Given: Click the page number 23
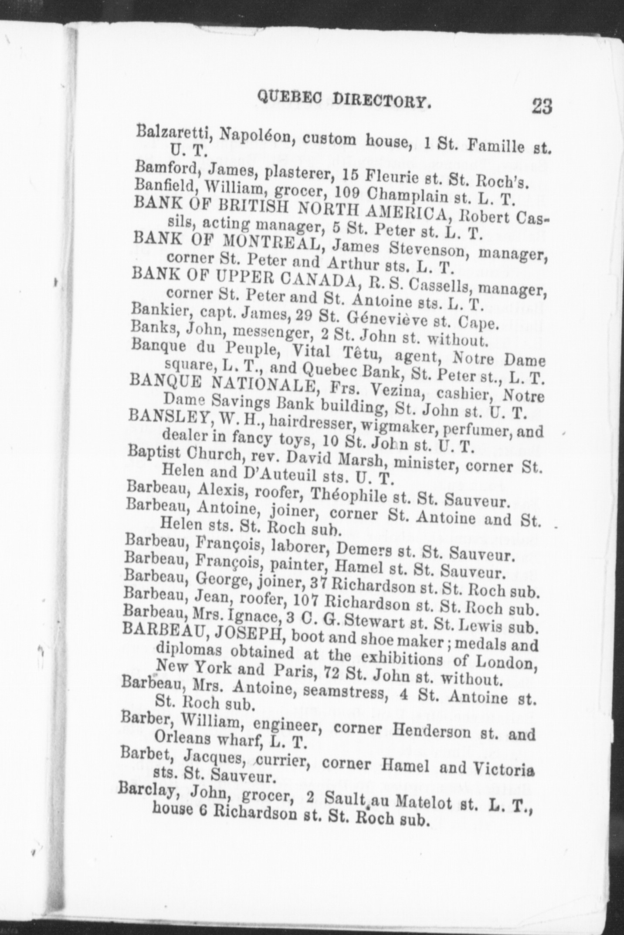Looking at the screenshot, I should click(x=542, y=106).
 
